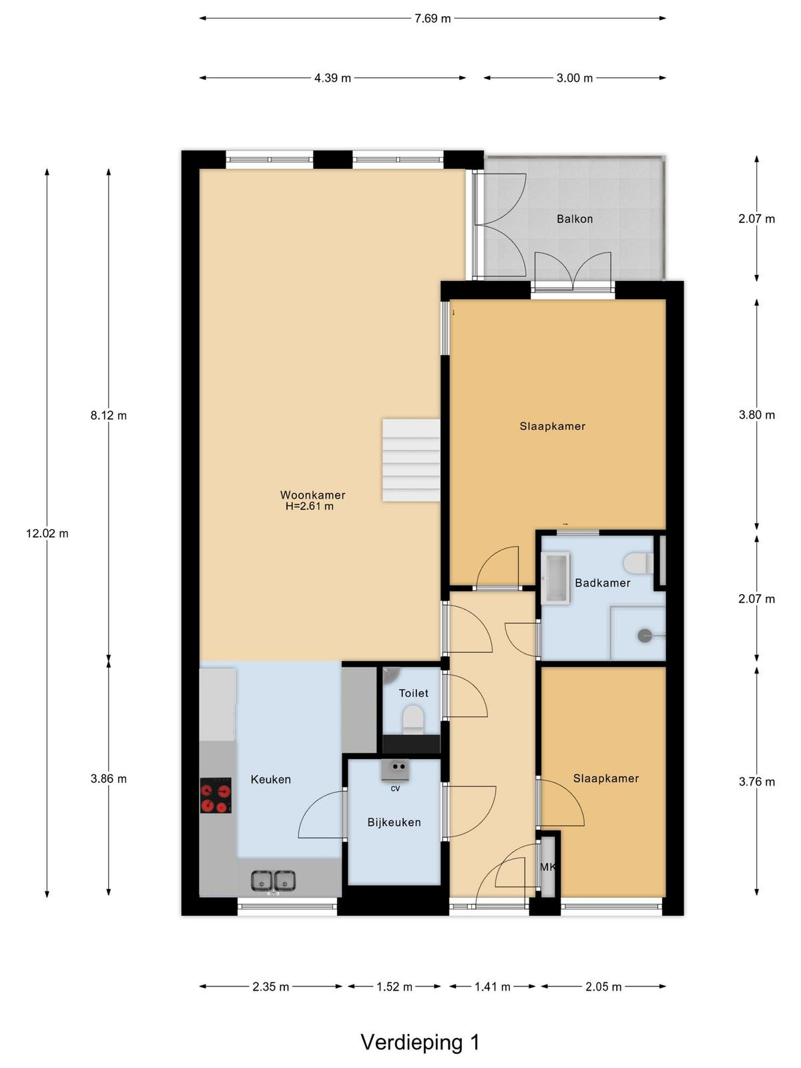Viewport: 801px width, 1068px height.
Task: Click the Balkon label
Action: coord(574,219)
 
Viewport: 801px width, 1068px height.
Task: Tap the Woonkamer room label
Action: coord(312,495)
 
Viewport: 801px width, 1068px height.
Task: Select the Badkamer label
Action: coord(603,583)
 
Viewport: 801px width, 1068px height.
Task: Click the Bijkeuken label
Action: coord(394,822)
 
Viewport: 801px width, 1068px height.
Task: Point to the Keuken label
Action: coord(271,780)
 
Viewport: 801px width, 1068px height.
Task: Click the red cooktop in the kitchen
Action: coord(216,796)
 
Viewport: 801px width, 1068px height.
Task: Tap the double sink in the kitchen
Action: coord(273,880)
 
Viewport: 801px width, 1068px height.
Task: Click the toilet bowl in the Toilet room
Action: coord(413,720)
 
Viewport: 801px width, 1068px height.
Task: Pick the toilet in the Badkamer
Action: coord(639,563)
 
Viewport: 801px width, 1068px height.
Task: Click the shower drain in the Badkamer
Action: coord(645,635)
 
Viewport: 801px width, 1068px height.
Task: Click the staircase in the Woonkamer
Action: coord(411,460)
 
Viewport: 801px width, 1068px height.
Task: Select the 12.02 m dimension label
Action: coord(47,534)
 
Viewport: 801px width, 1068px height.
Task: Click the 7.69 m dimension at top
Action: coord(433,19)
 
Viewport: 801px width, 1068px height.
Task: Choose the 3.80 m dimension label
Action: coord(756,415)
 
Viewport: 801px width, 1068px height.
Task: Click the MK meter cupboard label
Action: coord(548,867)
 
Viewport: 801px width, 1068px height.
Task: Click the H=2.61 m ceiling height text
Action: coord(310,507)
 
